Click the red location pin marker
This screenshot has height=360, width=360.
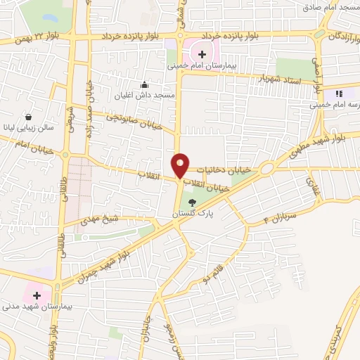point(181,165)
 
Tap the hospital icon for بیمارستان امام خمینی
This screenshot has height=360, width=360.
point(201,53)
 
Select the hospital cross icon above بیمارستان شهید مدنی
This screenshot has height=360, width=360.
point(36,295)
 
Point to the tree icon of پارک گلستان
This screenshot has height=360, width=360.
point(193,203)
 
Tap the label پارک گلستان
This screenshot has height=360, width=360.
point(193,212)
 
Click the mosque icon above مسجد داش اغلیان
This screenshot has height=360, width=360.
point(145,84)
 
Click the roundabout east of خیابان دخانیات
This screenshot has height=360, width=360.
point(266,169)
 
